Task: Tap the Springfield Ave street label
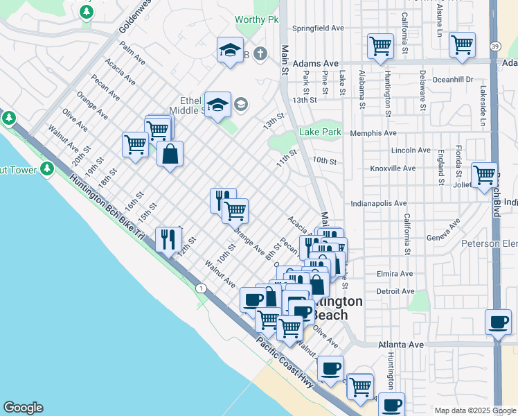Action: pyautogui.click(x=318, y=28)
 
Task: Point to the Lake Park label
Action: pyautogui.click(x=321, y=132)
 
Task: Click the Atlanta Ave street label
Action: pyautogui.click(x=401, y=344)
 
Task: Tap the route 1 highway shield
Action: pyautogui.click(x=200, y=287)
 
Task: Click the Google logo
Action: pyautogui.click(x=23, y=408)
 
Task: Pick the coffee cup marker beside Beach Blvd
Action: pyautogui.click(x=499, y=322)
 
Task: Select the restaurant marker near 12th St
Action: pyautogui.click(x=168, y=240)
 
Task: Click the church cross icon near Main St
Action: pyautogui.click(x=260, y=53)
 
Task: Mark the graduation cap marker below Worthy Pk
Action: pyautogui.click(x=230, y=50)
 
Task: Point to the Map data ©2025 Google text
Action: pyautogui.click(x=475, y=410)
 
